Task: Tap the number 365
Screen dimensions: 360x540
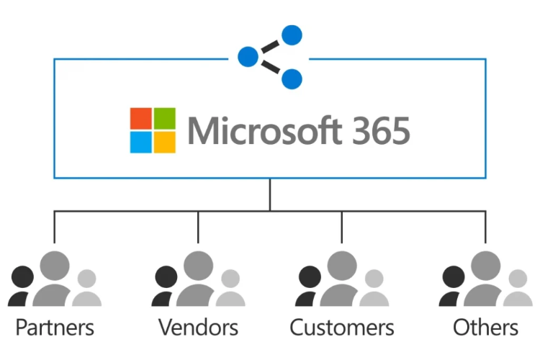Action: [x=381, y=131]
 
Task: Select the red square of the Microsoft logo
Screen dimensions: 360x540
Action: [x=141, y=119]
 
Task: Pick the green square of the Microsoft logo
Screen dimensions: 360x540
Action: [x=165, y=119]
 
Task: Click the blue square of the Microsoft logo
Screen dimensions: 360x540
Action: [x=141, y=143]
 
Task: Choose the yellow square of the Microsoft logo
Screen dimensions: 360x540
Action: [x=165, y=143]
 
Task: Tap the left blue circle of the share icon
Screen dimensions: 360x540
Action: [x=248, y=56]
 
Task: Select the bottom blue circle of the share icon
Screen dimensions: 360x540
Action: [x=292, y=78]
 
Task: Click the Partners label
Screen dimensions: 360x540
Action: [x=55, y=328]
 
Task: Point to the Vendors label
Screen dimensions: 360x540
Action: [x=198, y=328]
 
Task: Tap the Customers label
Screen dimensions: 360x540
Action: [x=341, y=328]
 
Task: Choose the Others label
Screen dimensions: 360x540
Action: [x=485, y=328]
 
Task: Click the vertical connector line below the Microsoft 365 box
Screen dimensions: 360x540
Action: [x=270, y=194]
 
